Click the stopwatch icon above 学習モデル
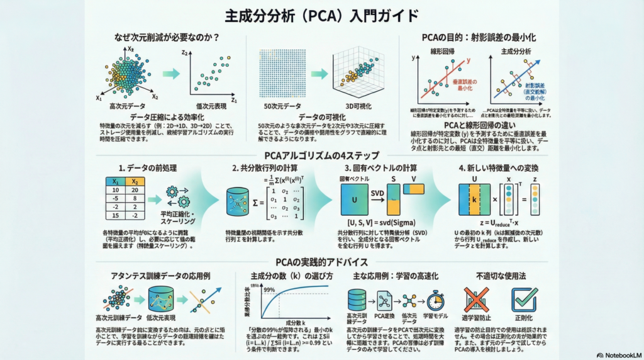[435, 300]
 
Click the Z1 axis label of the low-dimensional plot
[233, 99]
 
